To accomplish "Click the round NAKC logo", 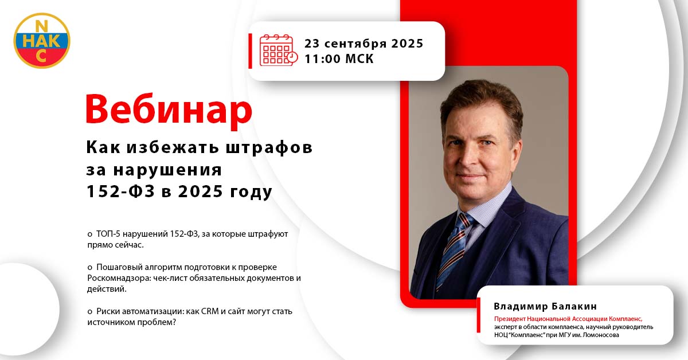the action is click(x=42, y=41).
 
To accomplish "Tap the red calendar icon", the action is click(x=279, y=50).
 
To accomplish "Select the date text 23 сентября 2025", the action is click(x=364, y=44).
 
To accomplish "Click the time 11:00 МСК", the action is click(x=339, y=58).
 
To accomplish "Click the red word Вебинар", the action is click(x=169, y=110).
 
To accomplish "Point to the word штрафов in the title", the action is click(x=269, y=148).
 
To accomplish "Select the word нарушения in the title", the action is click(x=167, y=170).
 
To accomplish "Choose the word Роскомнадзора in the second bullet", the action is click(x=119, y=278).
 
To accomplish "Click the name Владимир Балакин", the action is click(x=545, y=306).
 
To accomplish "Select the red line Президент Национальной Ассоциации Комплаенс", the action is click(x=568, y=319).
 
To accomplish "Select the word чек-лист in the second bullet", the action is click(x=170, y=278).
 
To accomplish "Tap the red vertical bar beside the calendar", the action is click(x=251, y=51).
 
